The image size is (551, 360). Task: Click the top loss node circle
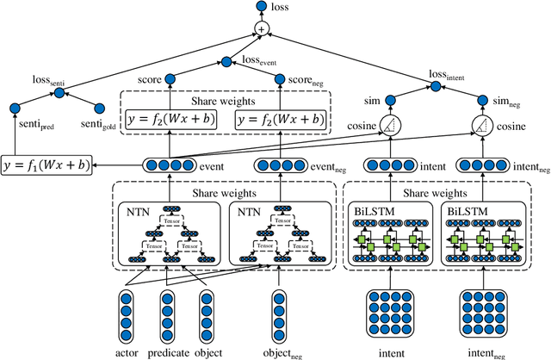click(x=261, y=8)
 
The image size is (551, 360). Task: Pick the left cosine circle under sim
click(x=391, y=127)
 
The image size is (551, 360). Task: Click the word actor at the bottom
click(x=127, y=351)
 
